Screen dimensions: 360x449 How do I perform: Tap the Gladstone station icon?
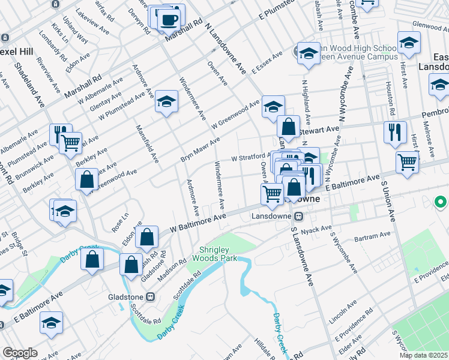point(151,296)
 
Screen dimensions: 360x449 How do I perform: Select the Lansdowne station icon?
point(298,217)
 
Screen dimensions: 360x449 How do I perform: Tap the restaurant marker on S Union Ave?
point(395,133)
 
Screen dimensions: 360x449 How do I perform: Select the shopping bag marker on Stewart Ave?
point(289,127)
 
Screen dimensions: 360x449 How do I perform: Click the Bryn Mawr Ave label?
point(200,149)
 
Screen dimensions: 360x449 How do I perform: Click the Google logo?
point(20,353)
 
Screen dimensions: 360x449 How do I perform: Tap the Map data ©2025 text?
point(423,355)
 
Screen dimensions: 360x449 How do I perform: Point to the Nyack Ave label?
point(317,229)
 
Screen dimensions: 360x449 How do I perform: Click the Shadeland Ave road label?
point(31,84)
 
